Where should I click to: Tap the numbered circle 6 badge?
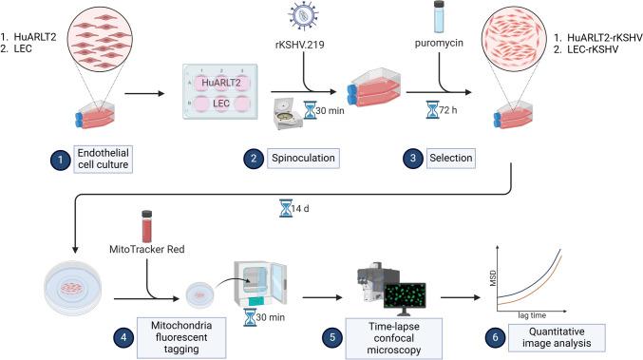click(501, 334)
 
